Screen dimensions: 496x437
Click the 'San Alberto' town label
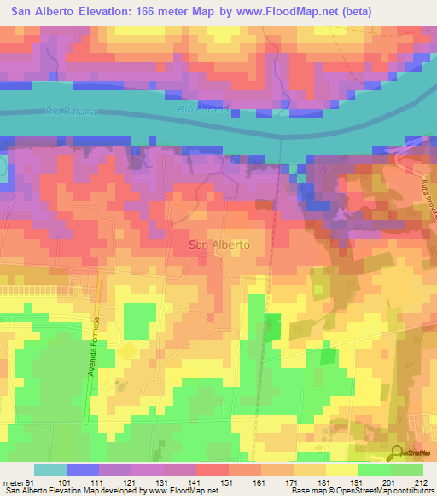coord(218,244)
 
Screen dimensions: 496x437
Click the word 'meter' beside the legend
coord(13,482)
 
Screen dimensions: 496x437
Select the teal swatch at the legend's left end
coord(50,470)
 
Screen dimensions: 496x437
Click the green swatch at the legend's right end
coord(406,470)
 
